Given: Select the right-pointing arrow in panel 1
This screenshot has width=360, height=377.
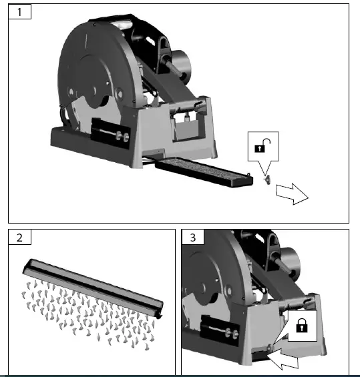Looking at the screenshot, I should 291,194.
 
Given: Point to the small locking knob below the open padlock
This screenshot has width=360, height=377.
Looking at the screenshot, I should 266,179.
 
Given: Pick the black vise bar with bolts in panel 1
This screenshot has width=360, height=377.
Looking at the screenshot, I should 114,133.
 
